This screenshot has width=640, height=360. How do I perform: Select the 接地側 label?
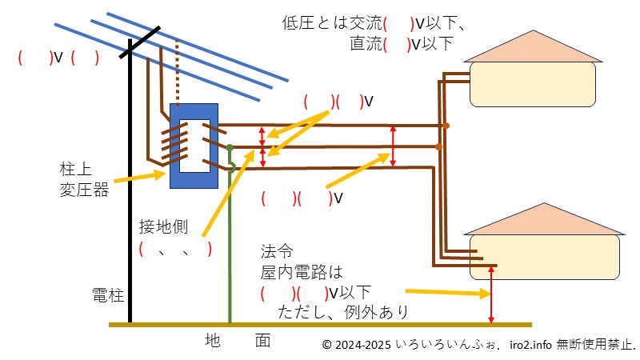(x=163, y=226)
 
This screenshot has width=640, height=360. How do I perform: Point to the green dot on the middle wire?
(x=229, y=147)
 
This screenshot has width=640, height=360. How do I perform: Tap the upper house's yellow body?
(x=532, y=84)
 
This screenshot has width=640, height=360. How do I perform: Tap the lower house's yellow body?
(x=544, y=257)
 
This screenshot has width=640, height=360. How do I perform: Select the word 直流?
(x=366, y=43)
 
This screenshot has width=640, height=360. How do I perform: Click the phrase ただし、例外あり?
(x=342, y=310)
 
